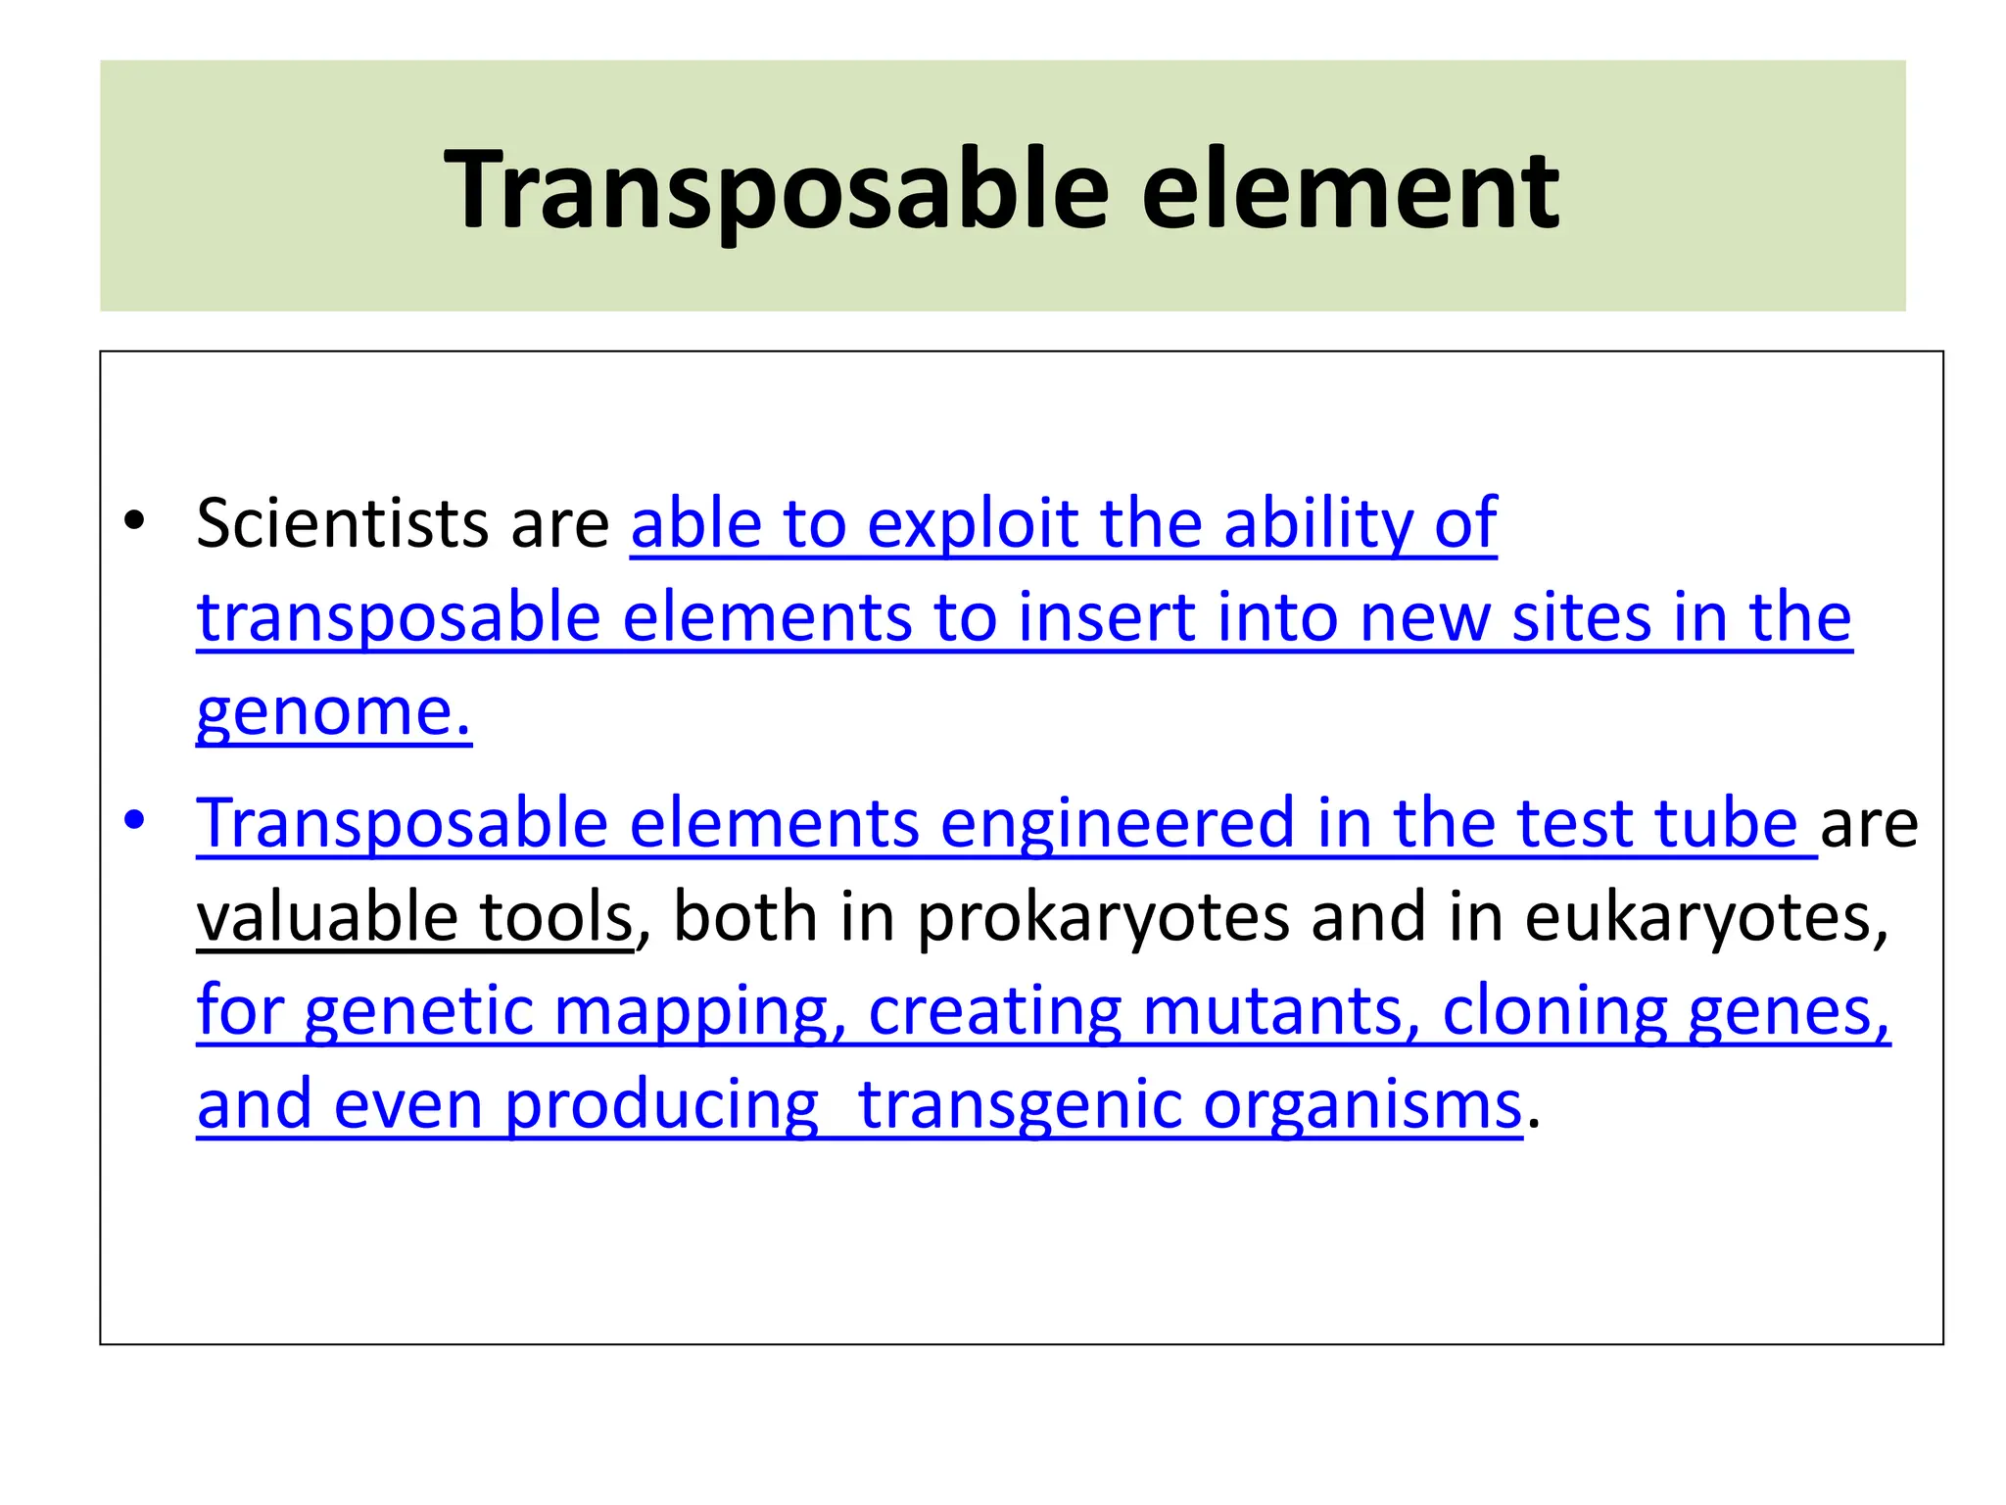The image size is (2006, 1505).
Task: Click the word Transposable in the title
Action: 776,190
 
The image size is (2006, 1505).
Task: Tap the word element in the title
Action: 1350,190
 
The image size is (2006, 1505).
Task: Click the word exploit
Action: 972,523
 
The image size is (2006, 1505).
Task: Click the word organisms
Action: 1362,1105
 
